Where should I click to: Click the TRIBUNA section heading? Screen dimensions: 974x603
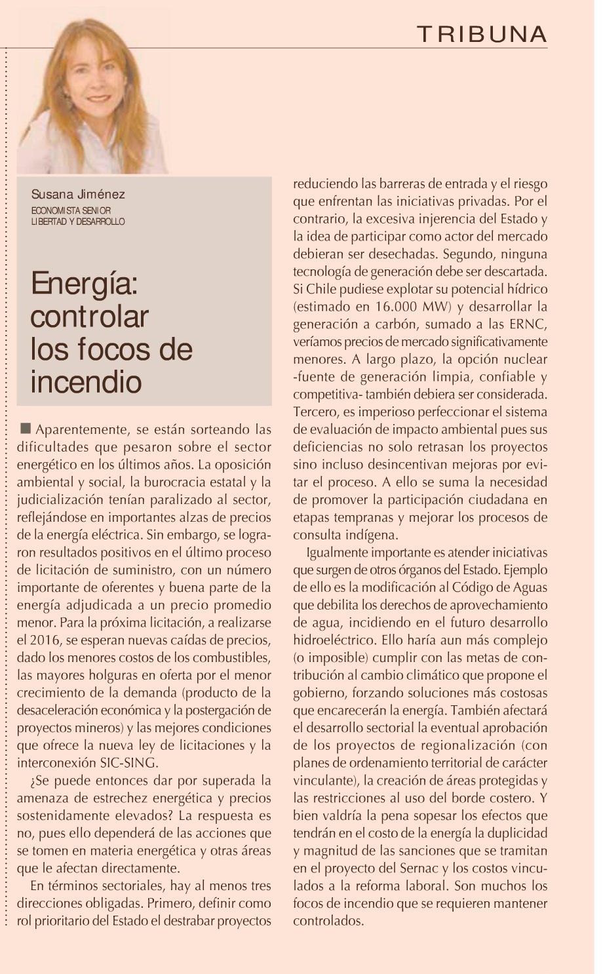482,33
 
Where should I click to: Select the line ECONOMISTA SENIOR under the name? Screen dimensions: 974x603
71,210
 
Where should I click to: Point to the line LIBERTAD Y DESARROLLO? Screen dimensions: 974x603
77,222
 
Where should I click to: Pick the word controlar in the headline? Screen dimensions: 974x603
90,317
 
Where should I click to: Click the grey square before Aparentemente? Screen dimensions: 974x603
26,429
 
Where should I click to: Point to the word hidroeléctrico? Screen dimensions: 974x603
340,639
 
